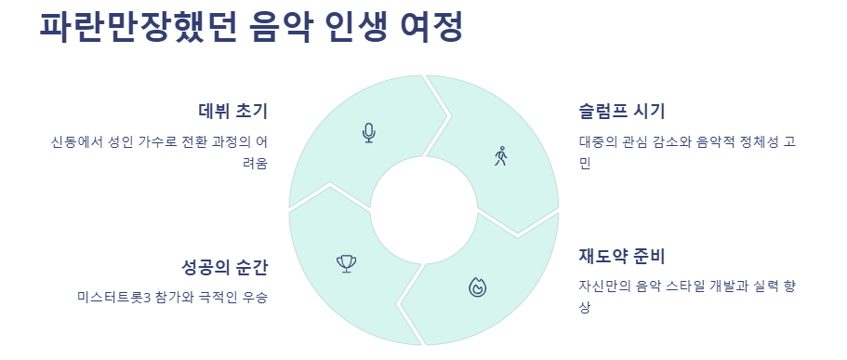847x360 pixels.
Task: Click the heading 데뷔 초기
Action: pyautogui.click(x=233, y=113)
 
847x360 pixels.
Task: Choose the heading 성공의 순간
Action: pyautogui.click(x=225, y=268)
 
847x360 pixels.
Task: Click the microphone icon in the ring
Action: pyautogui.click(x=369, y=133)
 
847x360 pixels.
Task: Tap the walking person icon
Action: pyautogui.click(x=502, y=155)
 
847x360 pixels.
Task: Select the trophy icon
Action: pyautogui.click(x=347, y=264)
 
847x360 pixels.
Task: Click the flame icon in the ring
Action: pyautogui.click(x=477, y=287)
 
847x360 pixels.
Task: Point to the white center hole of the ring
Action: pyautogui.click(x=424, y=209)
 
